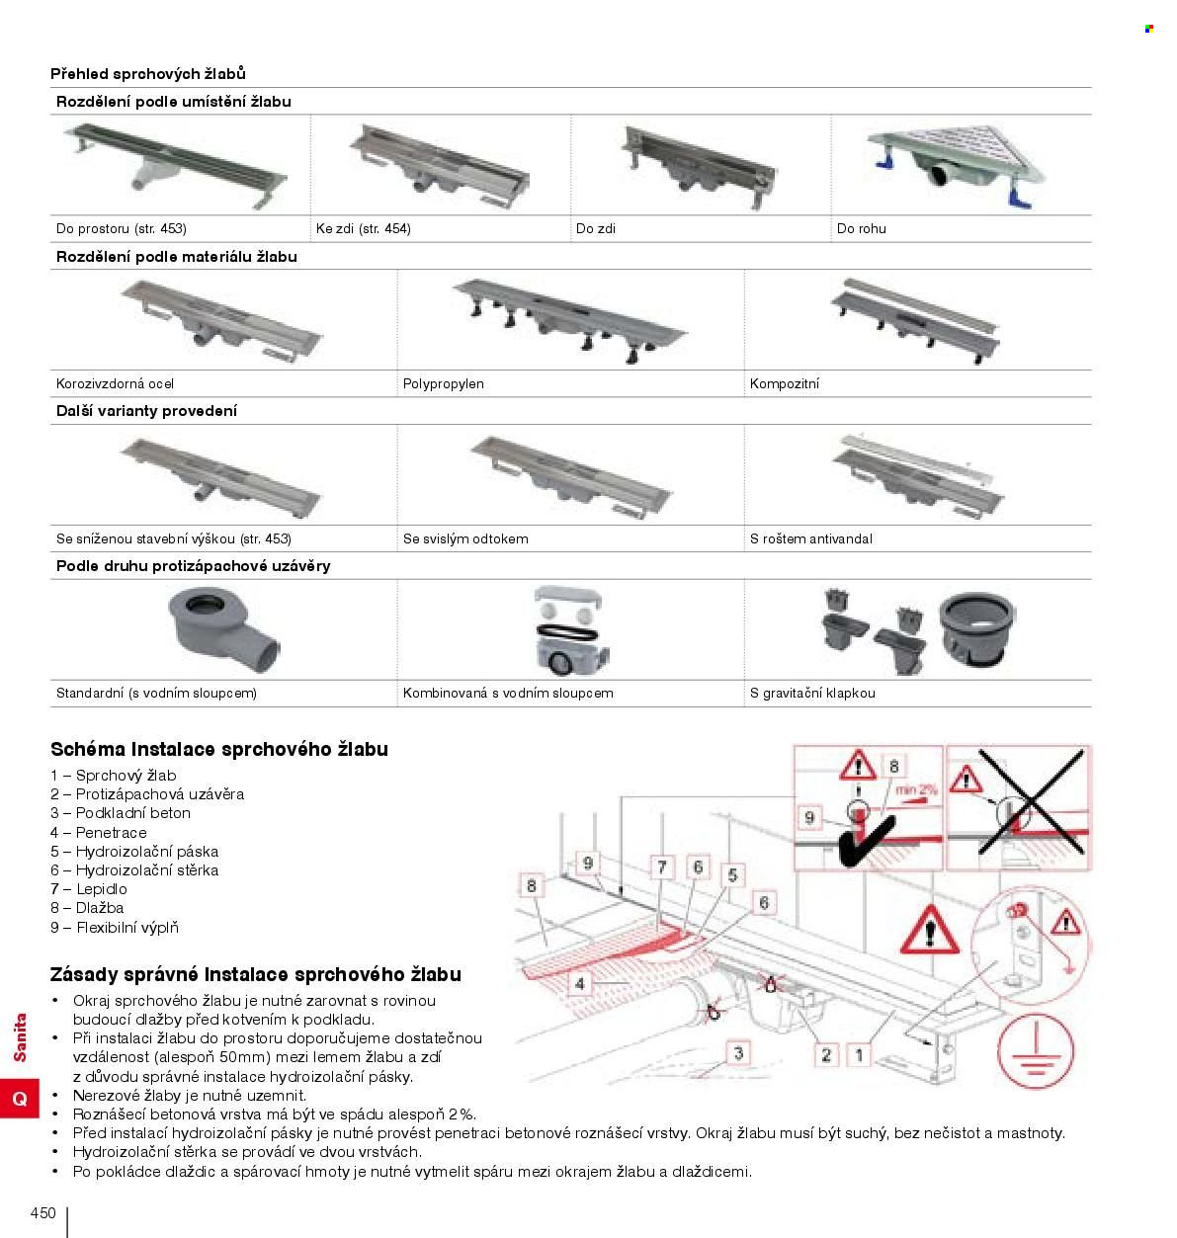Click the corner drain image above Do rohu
point(956,166)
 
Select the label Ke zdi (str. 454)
point(364,228)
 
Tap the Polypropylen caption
point(444,383)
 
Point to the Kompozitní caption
point(785,383)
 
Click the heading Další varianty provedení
point(147,411)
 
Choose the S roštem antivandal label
point(811,538)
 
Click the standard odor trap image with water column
point(223,630)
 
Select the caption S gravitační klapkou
point(812,693)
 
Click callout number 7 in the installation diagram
point(661,867)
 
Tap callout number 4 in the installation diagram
point(580,984)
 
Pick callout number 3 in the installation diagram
point(738,1053)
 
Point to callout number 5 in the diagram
point(732,875)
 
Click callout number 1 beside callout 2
point(859,1055)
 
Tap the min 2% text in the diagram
point(917,789)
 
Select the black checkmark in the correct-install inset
point(867,841)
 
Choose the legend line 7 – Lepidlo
point(89,889)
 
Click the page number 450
point(43,1213)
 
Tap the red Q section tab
point(20,1099)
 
